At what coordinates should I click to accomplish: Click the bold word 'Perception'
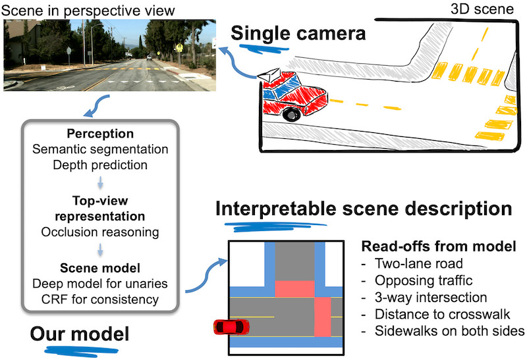pyautogui.click(x=101, y=133)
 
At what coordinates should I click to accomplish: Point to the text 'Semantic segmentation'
pyautogui.click(x=101, y=149)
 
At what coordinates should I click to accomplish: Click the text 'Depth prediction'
pyautogui.click(x=101, y=164)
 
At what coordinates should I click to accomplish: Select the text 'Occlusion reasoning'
pyautogui.click(x=101, y=232)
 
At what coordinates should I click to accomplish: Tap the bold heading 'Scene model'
pyautogui.click(x=101, y=269)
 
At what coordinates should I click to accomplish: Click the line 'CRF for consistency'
pyautogui.click(x=101, y=299)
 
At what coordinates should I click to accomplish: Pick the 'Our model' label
pyautogui.click(x=79, y=334)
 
